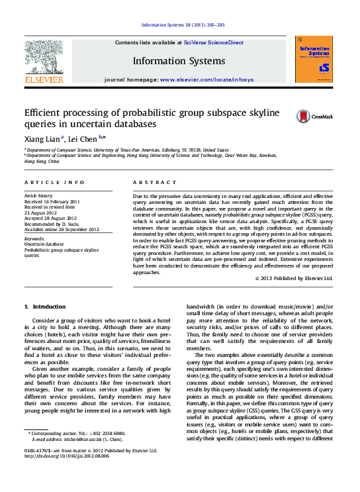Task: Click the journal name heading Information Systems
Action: click(179, 62)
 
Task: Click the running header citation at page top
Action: click(183, 25)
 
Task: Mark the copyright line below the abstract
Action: click(293, 279)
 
